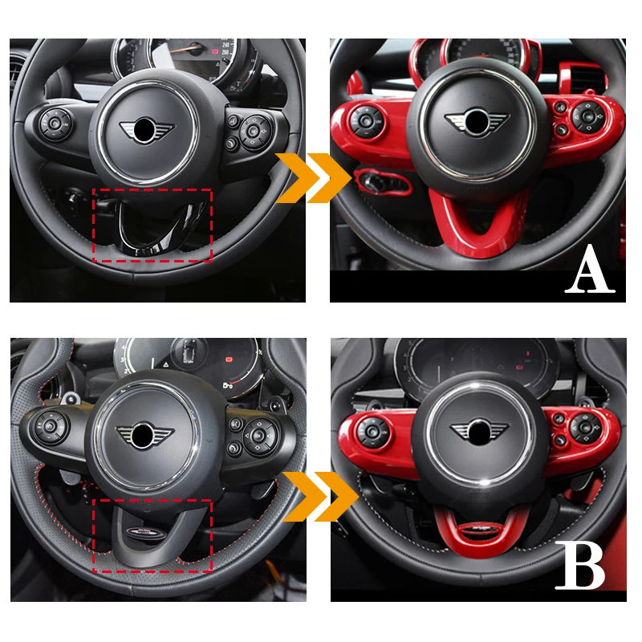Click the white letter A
tap(590, 272)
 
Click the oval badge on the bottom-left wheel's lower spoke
tap(153, 533)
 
